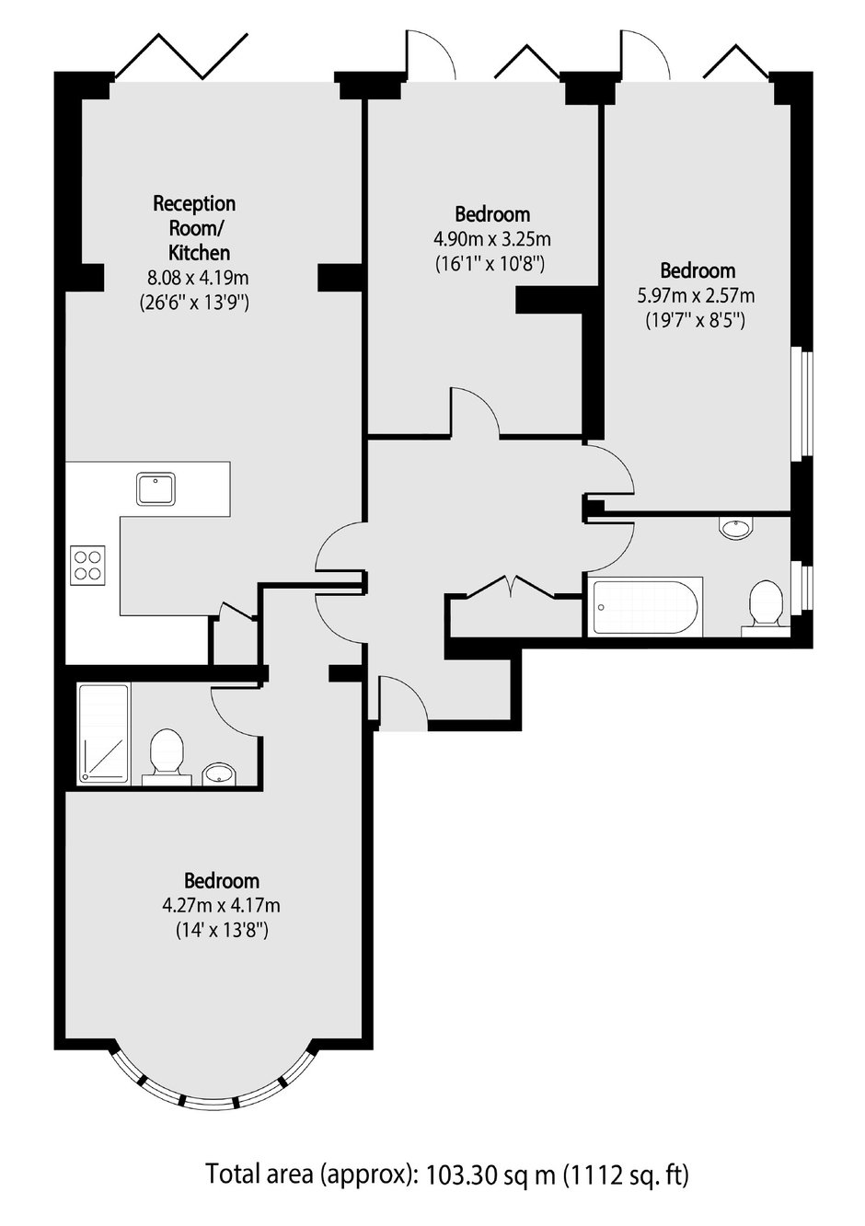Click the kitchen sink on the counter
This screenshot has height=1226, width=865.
(156, 488)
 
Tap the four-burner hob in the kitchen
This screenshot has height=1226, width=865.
(88, 565)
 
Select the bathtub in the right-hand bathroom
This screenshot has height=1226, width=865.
(645, 607)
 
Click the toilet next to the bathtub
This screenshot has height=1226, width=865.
(766, 609)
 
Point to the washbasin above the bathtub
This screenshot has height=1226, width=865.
(736, 528)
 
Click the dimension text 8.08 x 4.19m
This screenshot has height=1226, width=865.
(198, 278)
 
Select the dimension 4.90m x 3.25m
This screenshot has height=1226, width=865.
(492, 239)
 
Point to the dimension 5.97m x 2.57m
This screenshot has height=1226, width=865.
(696, 296)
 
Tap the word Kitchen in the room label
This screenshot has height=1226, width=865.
(199, 253)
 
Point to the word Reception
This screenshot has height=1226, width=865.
(194, 204)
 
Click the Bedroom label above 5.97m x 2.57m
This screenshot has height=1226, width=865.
(698, 271)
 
